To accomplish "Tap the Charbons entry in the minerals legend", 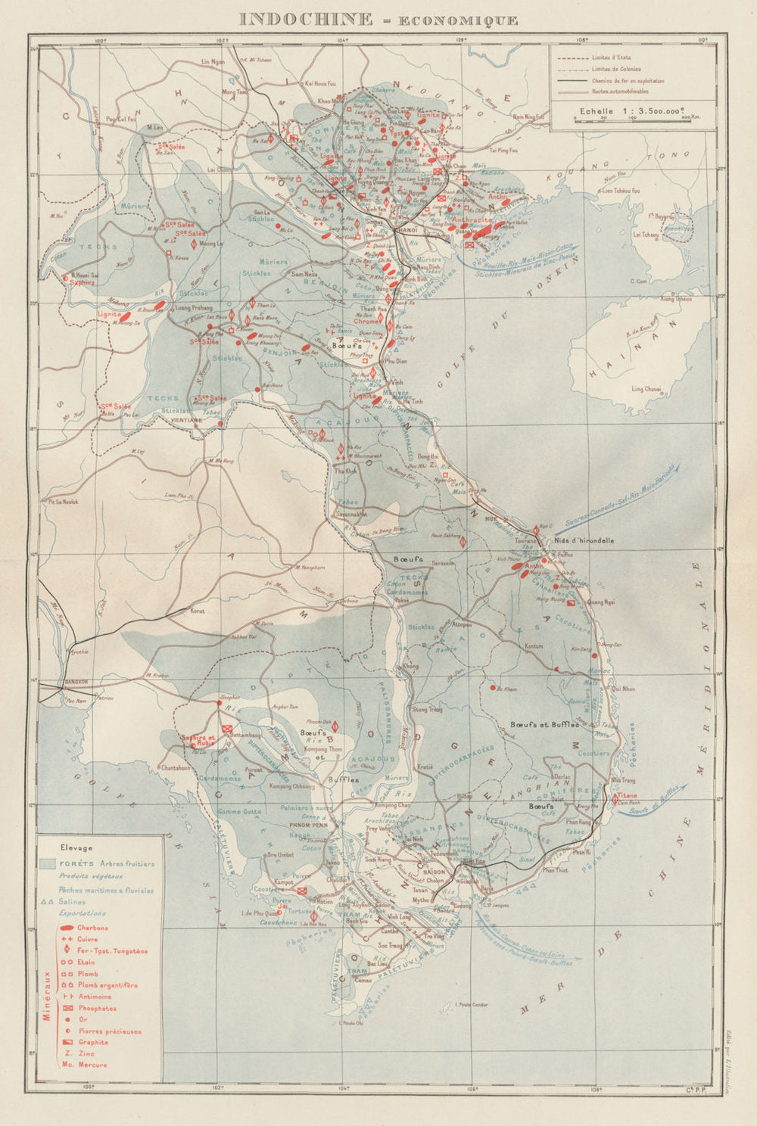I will pos(92,928).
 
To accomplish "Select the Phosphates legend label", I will pos(96,1008).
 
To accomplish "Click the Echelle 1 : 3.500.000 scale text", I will pos(623,110).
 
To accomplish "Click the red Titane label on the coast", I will pos(627,795).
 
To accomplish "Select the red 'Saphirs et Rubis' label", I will pos(198,739).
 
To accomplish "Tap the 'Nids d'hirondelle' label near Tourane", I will pos(584,541).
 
